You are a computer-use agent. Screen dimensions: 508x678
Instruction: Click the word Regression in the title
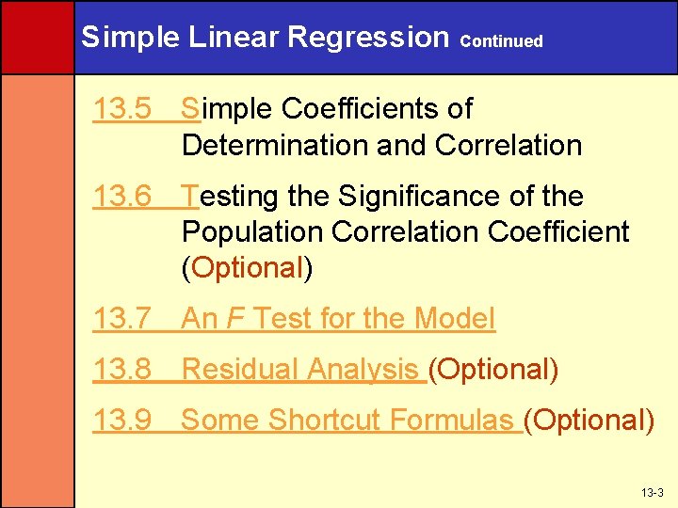pos(368,37)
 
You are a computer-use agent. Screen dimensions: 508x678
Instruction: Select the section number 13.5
pos(122,109)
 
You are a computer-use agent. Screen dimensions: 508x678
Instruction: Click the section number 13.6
pos(122,197)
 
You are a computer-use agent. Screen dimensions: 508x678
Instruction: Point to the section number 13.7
pos(122,320)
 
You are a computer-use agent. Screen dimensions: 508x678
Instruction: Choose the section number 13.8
pos(122,370)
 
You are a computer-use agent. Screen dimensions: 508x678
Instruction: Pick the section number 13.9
pos(122,420)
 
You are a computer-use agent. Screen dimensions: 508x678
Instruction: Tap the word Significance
pos(425,197)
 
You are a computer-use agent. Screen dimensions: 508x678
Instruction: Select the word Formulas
pos(456,420)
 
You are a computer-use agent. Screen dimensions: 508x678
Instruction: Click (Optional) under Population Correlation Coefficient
pos(247,268)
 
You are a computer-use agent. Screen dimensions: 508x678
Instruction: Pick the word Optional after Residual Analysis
pos(493,370)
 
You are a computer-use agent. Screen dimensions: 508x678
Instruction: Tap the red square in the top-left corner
pos(37,37)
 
